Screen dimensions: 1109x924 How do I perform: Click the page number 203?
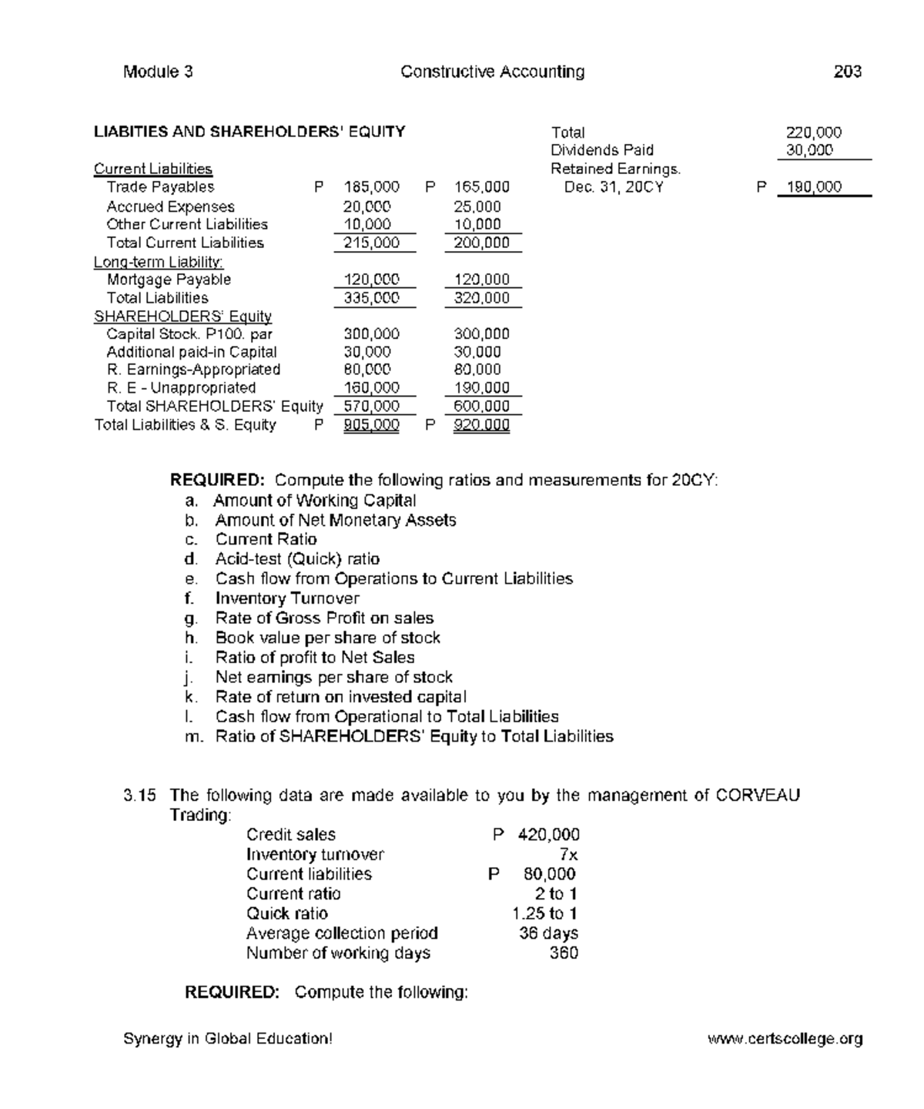pos(847,72)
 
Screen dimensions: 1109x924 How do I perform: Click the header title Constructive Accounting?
pos(492,72)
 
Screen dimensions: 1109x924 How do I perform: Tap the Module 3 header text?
pos(158,72)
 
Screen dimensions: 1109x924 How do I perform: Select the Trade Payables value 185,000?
pos(371,187)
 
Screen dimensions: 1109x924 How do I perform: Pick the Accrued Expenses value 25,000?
pos(477,206)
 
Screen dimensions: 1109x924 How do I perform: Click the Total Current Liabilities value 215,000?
pos(371,243)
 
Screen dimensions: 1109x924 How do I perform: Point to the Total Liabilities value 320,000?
pos(481,298)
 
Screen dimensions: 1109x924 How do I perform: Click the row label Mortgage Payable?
pos(169,280)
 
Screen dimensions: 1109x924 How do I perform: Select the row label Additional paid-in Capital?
pos(192,352)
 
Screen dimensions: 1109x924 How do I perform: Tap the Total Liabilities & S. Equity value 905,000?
pos(371,425)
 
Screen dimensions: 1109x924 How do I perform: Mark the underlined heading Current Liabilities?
pos(152,169)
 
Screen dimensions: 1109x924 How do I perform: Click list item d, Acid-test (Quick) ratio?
pos(296,559)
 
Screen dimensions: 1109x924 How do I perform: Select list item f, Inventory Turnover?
pos(286,598)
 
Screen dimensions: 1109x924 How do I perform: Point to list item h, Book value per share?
pos(327,638)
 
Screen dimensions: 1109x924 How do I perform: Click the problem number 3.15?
pos(139,796)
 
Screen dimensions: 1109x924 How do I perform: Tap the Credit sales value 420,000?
pos(548,835)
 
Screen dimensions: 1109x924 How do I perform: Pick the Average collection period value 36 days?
pos(548,933)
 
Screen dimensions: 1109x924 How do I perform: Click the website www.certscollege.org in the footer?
pos(785,1039)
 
